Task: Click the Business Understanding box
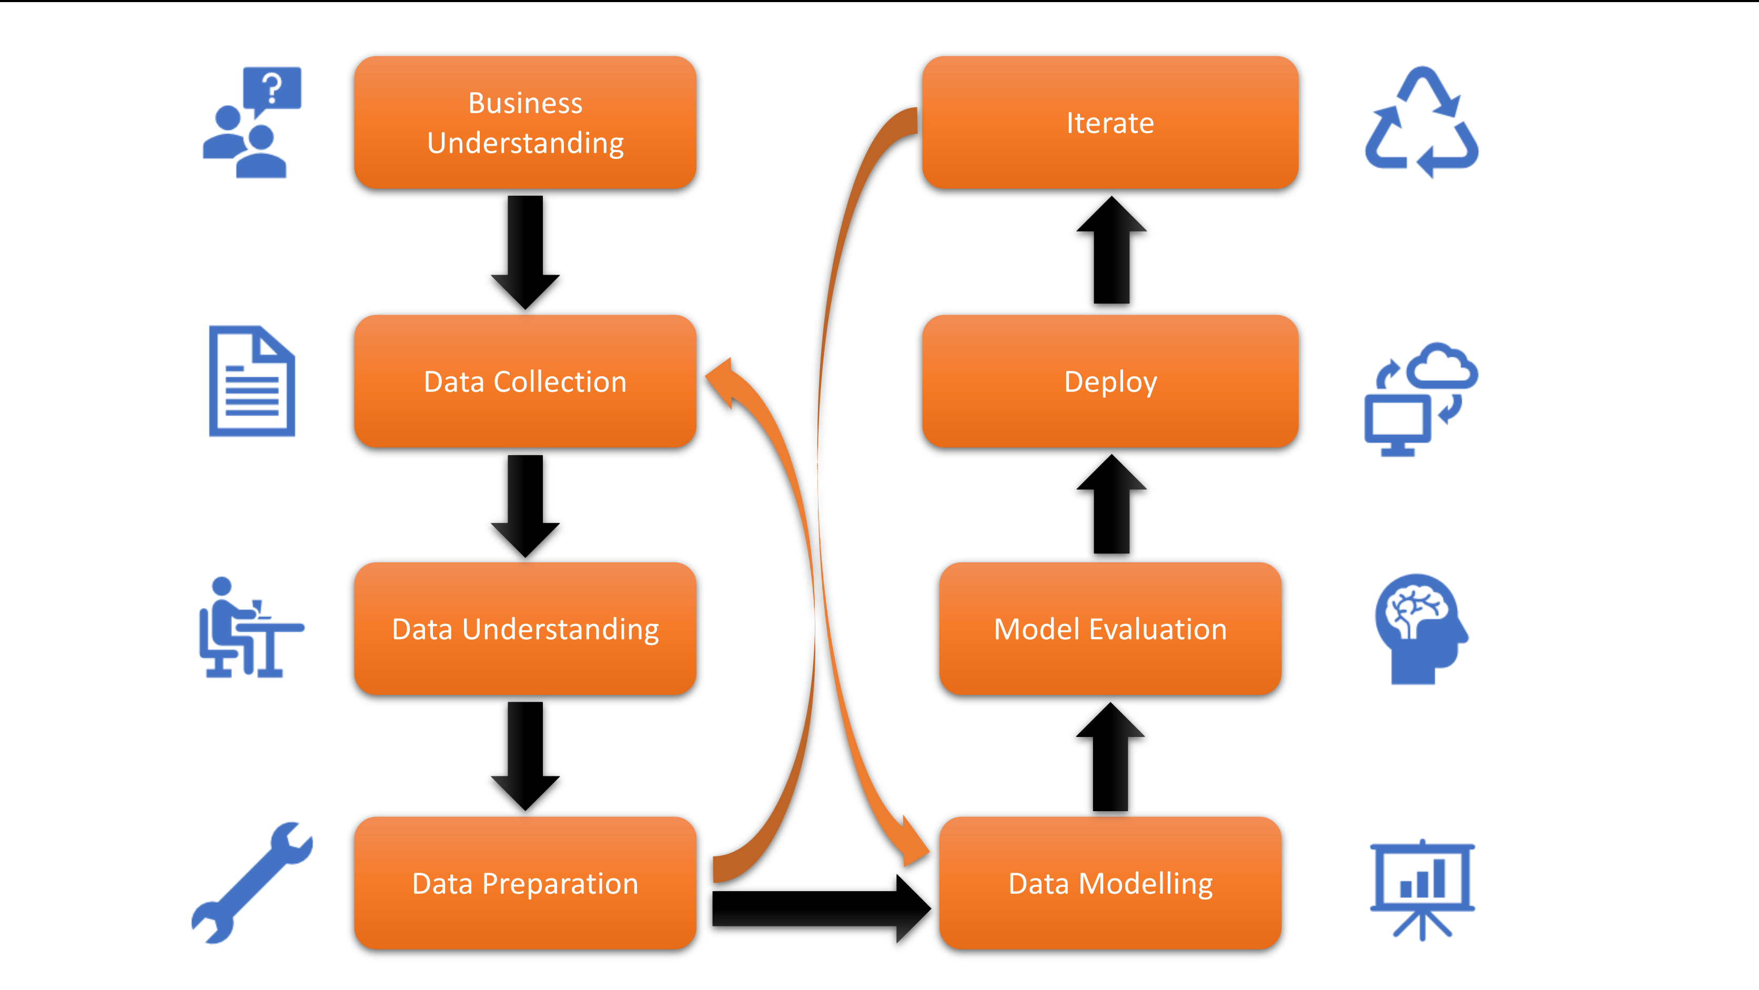525,123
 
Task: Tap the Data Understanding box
525,628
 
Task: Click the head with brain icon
1419,628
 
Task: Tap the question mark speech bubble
272,89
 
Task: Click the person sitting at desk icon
249,628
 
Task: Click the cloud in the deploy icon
1445,365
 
